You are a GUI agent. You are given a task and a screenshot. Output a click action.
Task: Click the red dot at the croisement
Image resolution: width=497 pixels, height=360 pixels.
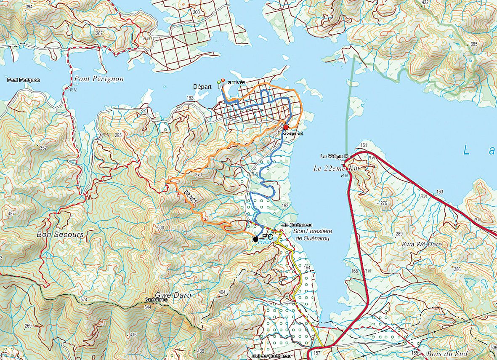pos(286,128)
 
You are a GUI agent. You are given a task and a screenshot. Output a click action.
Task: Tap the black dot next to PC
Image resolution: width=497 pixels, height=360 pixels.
pos(255,239)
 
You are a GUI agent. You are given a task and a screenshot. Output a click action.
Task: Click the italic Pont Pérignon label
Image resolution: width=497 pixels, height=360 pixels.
pos(99,79)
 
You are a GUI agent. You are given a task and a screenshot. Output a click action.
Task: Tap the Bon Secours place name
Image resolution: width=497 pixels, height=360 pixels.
pos(60,234)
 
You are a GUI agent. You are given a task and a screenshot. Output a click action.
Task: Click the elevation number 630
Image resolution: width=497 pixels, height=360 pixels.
pos(160,227)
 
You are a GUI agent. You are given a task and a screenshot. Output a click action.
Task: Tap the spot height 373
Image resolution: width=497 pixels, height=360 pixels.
pos(199,174)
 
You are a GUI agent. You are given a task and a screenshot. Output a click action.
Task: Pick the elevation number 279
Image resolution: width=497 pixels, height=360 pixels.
pos(383,203)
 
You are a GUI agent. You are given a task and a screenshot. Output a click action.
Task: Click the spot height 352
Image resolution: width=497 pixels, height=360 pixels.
pos(43,148)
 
